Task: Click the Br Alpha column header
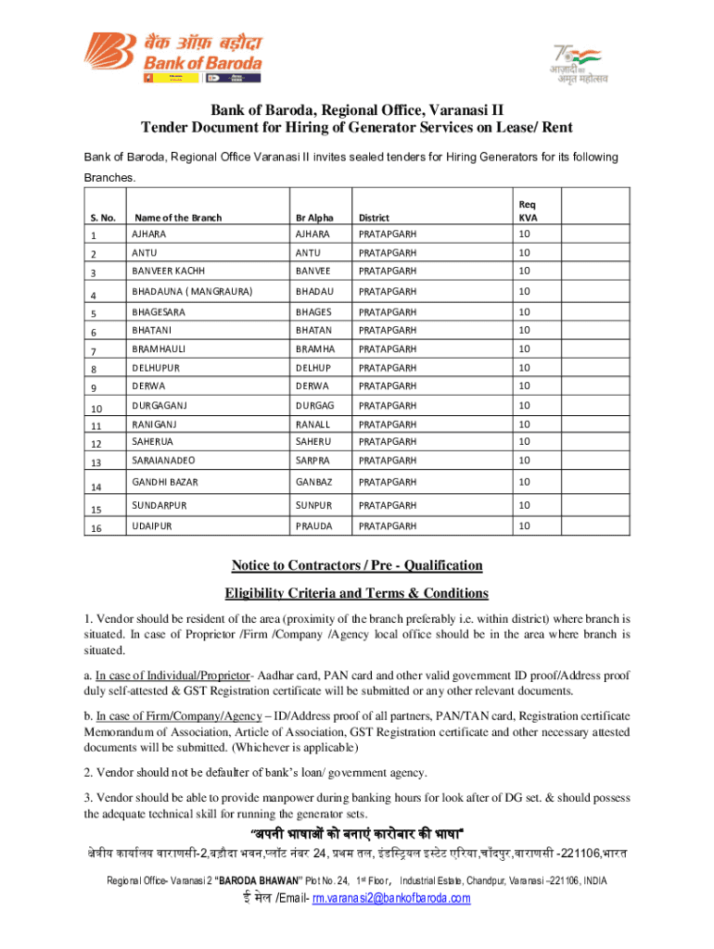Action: coord(314,218)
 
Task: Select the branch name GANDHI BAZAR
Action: coord(164,482)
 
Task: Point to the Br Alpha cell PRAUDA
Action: coord(313,525)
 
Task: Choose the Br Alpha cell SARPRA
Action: coord(312,461)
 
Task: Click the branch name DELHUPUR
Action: coord(157,367)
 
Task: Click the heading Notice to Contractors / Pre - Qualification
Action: coord(357,565)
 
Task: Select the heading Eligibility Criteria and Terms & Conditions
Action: coord(357,593)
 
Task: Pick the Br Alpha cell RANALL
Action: coord(312,424)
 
